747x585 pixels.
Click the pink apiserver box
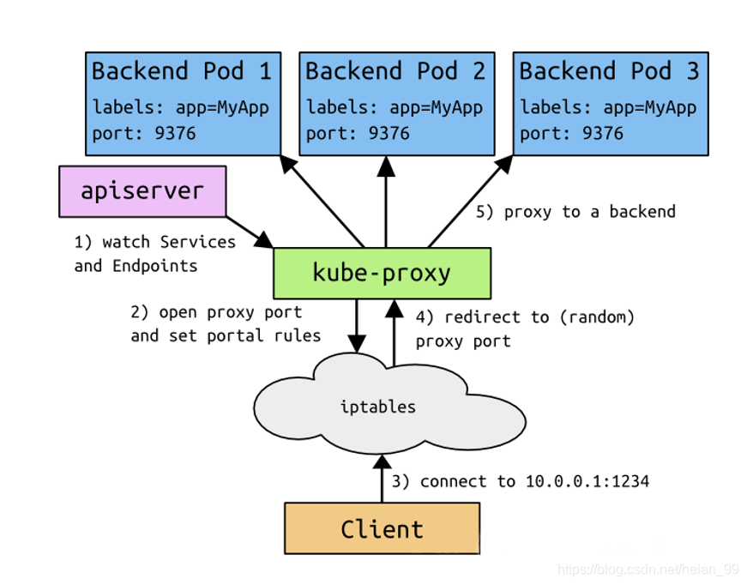point(142,191)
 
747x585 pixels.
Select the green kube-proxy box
point(382,274)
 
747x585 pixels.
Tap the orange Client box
point(382,528)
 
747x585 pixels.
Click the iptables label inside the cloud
point(377,407)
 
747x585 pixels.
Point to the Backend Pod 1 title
point(182,71)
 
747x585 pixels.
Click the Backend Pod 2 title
point(395,71)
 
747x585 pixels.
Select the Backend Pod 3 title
point(609,71)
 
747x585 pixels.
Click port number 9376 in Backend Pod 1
point(175,134)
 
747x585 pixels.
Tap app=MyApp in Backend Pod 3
point(650,108)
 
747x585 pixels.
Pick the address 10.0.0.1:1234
point(587,481)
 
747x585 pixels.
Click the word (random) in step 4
point(597,317)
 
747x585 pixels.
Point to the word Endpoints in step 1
point(155,266)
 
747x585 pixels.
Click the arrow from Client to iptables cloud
point(382,479)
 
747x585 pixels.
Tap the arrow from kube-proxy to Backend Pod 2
point(386,202)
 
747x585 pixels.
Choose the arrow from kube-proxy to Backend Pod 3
point(470,202)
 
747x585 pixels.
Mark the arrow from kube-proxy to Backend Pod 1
point(322,202)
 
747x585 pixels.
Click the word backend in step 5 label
point(642,212)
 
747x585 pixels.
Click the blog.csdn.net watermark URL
point(648,570)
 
